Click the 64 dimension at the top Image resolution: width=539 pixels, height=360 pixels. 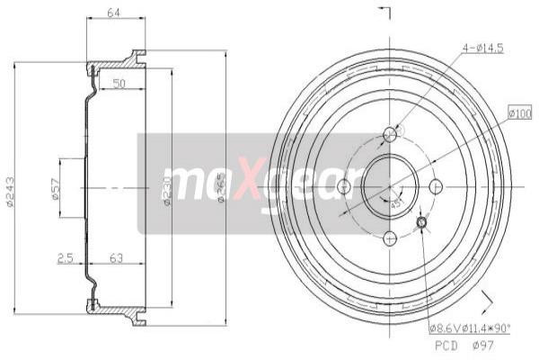(x=114, y=12)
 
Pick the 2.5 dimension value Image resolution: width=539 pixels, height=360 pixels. (x=65, y=258)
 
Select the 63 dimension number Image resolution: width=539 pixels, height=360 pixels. (x=116, y=258)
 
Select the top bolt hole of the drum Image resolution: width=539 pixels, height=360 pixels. (x=390, y=135)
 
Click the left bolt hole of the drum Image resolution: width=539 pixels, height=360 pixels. (x=343, y=186)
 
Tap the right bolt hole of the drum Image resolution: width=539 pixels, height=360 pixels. (x=437, y=186)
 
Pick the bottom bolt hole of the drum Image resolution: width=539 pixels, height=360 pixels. (x=390, y=238)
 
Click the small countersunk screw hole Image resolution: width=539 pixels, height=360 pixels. (x=423, y=221)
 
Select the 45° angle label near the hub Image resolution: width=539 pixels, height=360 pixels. (x=396, y=202)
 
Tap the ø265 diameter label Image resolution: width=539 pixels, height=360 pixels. (x=221, y=189)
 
